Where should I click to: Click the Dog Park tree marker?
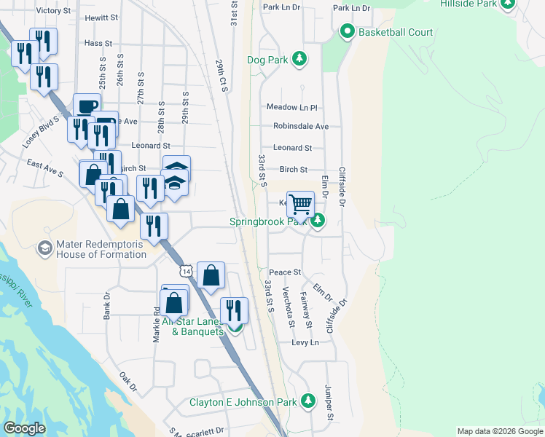tap(299, 59)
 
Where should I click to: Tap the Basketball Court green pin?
tap(347, 32)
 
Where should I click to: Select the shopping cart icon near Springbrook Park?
tap(300, 204)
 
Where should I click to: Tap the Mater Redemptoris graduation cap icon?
tap(45, 249)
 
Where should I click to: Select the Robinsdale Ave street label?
tap(301, 126)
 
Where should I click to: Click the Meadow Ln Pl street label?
tap(292, 107)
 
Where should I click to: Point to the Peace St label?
tap(287, 272)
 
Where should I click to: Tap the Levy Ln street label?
tap(305, 342)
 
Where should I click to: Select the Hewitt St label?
tap(101, 17)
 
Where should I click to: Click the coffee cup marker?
tap(86, 106)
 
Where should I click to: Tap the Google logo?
tap(24, 428)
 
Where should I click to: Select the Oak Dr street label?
tap(128, 382)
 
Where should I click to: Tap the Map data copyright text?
tap(499, 431)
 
